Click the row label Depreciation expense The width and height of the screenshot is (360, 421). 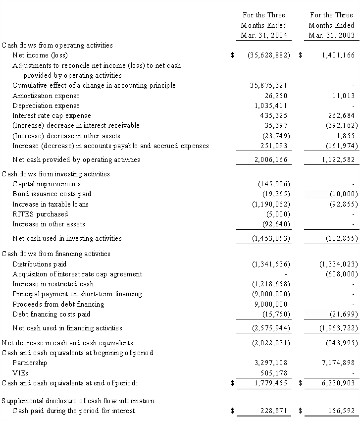tap(46, 106)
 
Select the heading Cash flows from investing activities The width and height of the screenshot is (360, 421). tap(56, 174)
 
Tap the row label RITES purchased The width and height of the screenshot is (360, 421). tap(40, 214)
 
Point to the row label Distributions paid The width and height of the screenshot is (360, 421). tap(39, 264)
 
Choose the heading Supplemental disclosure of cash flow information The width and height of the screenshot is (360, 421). tap(78, 401)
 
